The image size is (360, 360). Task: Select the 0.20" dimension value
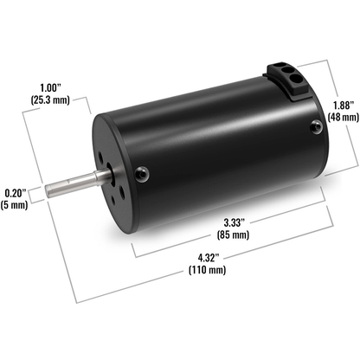tap(16, 191)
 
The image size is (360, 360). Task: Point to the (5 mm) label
tap(16, 206)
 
